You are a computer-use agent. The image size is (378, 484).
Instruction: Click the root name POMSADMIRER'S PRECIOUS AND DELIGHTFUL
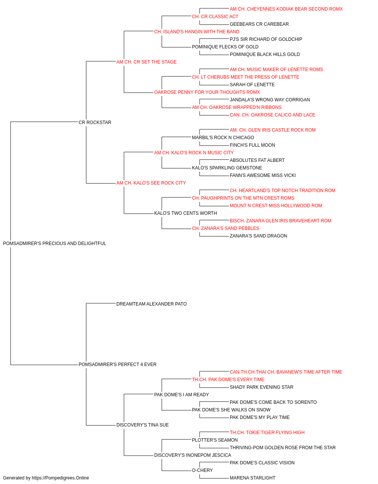(54, 244)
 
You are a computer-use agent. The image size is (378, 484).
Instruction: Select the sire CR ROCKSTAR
(95, 123)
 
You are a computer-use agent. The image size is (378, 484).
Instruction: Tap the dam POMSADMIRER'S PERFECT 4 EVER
(118, 365)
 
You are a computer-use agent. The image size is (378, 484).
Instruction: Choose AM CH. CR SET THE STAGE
(147, 62)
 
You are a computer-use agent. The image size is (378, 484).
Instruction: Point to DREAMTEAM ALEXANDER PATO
(152, 304)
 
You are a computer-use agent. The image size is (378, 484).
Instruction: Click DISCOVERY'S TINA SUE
(143, 425)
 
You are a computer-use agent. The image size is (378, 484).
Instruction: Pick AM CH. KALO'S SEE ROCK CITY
(151, 183)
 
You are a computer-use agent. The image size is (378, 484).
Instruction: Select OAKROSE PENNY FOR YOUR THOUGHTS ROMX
(207, 92)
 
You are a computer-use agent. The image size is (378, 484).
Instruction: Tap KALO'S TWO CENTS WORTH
(186, 213)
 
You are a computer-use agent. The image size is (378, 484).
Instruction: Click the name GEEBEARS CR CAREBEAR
(259, 24)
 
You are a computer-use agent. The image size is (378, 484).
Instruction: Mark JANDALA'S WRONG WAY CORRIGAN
(270, 100)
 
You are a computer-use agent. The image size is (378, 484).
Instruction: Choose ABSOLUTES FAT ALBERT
(257, 160)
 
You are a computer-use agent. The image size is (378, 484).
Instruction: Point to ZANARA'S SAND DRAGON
(259, 236)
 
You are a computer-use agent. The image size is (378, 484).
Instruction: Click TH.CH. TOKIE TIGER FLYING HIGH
(267, 433)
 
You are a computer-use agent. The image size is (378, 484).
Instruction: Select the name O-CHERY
(202, 470)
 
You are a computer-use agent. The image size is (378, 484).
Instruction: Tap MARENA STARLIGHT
(253, 478)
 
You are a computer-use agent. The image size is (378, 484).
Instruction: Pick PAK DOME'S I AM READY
(181, 395)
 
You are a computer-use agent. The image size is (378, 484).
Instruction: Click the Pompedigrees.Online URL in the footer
(60, 478)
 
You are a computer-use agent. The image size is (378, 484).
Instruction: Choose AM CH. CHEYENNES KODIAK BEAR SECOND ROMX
(286, 9)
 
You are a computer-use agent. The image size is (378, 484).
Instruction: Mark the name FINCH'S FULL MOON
(253, 145)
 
